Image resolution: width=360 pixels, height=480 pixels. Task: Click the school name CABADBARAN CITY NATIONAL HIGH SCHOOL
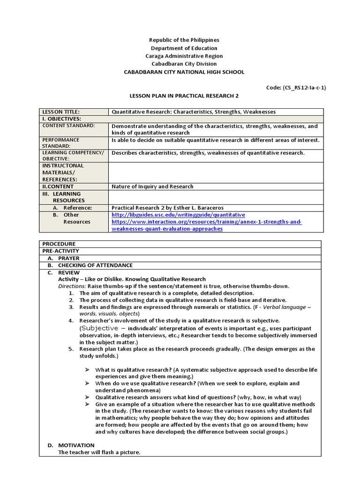(184, 72)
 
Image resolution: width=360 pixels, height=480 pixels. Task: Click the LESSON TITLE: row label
(61, 112)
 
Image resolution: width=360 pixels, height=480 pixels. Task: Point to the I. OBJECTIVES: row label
(62, 119)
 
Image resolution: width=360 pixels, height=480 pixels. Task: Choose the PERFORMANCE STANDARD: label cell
(61, 143)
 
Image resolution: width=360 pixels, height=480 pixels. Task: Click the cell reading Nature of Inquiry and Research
(152, 186)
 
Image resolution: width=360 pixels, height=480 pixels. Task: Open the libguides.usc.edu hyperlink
(178, 215)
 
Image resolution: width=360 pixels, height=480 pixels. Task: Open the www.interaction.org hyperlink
(206, 222)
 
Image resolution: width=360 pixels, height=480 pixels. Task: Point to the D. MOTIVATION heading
(76, 445)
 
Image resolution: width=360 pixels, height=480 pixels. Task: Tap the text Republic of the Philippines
(184, 40)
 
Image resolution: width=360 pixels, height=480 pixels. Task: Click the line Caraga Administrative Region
(184, 56)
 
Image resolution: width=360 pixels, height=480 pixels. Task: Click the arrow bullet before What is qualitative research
(87, 370)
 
